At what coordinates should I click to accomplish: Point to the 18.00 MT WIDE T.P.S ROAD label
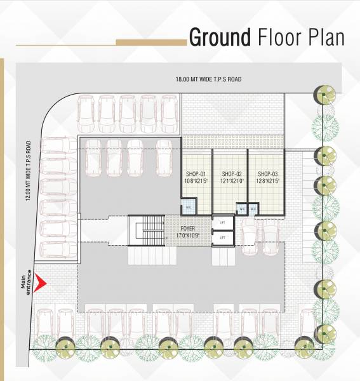[210, 79]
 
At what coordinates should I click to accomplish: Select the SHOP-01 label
[196, 173]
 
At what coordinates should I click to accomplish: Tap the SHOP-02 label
[232, 173]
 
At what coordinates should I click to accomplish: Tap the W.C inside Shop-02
[242, 208]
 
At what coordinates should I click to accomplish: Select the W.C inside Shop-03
[253, 208]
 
